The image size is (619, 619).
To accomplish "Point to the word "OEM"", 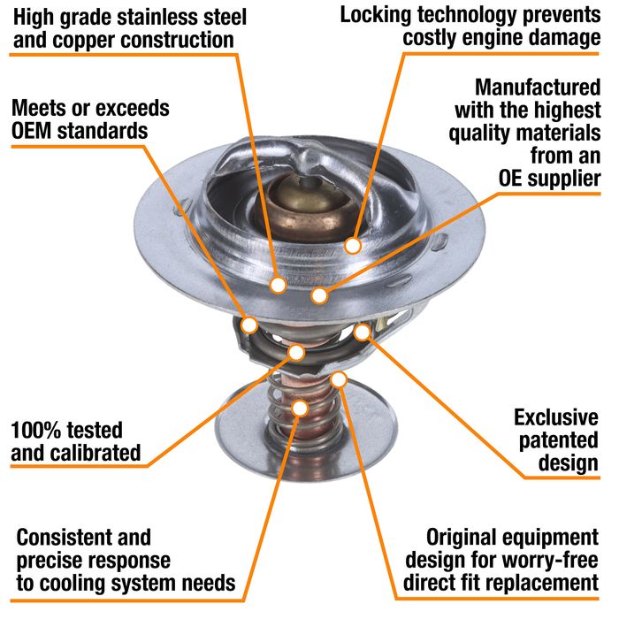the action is [32, 131].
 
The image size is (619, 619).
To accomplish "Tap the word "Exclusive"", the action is [556, 417].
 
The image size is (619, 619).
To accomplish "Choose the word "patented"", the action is [559, 440].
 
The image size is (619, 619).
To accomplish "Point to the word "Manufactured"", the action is [538, 88].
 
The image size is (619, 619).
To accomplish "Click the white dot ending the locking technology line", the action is [353, 246].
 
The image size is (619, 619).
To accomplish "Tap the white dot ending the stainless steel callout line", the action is [279, 285].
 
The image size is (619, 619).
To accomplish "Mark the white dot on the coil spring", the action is [301, 409].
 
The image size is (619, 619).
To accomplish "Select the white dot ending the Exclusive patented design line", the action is [363, 332].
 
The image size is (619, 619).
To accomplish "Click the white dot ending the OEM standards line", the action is [249, 325].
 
